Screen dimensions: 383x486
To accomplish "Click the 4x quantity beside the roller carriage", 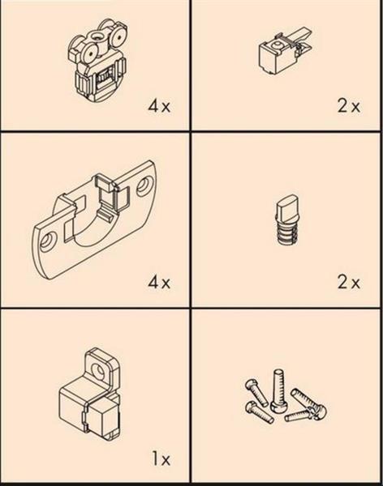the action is coord(159,106).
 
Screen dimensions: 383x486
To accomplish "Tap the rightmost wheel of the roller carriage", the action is coord(118,36).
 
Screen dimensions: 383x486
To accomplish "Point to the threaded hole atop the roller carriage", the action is coord(97,37).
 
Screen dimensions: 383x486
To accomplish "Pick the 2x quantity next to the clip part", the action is coord(349,106).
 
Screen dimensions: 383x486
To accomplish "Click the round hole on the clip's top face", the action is coord(276,45).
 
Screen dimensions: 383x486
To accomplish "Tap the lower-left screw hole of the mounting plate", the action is coord(48,241).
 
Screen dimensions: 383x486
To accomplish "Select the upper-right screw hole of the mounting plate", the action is coord(144,185).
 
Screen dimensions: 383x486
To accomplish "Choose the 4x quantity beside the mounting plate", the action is coord(159,283).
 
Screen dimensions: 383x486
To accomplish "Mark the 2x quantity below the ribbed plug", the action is coord(349,283).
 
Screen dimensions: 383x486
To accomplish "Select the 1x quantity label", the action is coord(161,458).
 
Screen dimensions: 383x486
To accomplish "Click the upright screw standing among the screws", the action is coord(278,390).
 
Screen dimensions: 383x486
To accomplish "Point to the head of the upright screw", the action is coord(278,407).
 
